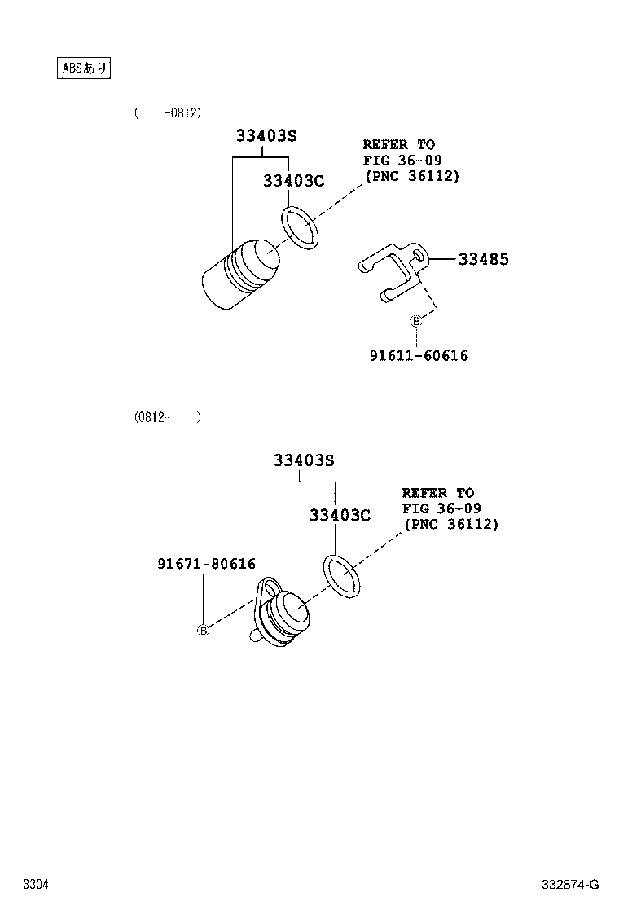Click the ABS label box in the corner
point(84,68)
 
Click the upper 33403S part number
point(262,136)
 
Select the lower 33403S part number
point(304,460)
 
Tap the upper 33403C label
point(293,181)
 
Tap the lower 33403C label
point(340,515)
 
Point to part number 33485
point(483,259)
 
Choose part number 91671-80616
point(207,563)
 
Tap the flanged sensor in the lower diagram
point(280,616)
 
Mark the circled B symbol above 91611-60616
point(415,321)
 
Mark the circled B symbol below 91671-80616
point(203,630)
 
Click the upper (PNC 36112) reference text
point(411,175)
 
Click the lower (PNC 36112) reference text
point(450,524)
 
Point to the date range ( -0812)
point(168,112)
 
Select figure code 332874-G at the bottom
point(570,884)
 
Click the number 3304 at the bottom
point(36,884)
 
